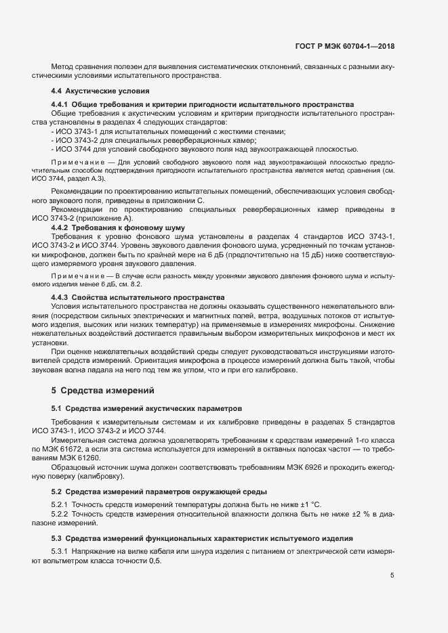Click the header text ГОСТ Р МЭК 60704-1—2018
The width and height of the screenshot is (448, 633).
tap(345, 47)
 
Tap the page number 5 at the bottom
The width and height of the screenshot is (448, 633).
tap(392, 575)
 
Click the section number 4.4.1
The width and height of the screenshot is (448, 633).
tap(62, 104)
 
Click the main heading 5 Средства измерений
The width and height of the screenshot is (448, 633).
tap(104, 390)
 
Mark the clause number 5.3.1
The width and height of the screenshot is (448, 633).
tap(62, 552)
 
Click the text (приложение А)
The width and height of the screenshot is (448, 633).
tap(106, 219)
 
